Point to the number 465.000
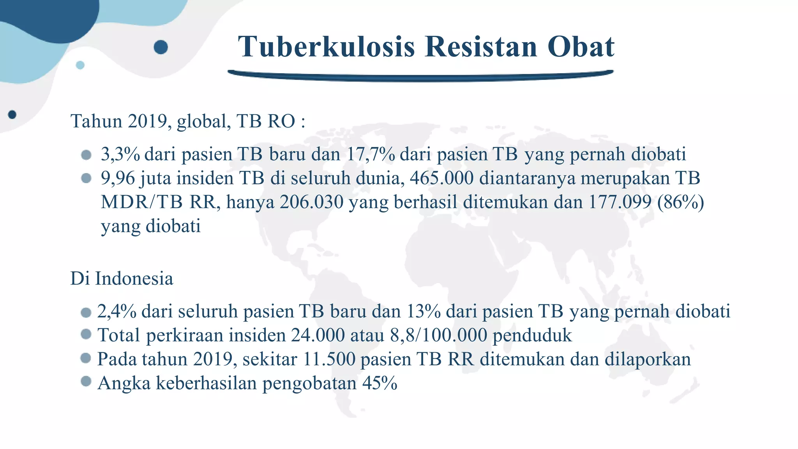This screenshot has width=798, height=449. coord(441,178)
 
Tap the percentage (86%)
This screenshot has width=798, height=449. coord(680,202)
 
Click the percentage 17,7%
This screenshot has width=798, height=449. coord(370,154)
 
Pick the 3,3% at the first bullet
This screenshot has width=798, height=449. coord(120,154)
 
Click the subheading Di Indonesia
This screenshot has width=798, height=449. coord(122,279)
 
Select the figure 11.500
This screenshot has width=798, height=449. coord(329,359)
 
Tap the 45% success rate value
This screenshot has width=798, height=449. coord(380,383)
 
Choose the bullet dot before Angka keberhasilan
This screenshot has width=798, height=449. coord(86,381)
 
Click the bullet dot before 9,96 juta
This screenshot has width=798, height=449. coord(86,179)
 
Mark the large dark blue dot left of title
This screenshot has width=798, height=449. coord(161,47)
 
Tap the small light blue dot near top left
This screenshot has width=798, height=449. coord(80,65)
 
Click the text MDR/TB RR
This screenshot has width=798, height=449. coord(158,202)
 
